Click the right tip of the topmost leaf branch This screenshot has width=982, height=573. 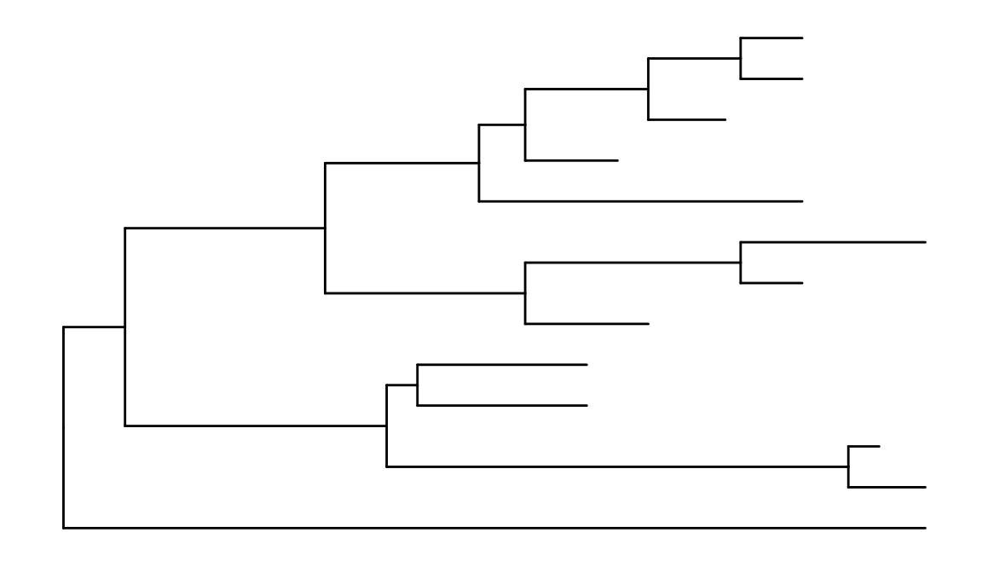[803, 38]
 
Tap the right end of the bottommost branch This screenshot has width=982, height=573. [926, 528]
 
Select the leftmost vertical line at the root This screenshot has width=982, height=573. [64, 426]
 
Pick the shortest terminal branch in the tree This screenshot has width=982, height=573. [864, 446]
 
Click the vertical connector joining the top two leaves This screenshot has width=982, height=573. [741, 58]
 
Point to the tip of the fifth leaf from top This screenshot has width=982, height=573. [803, 201]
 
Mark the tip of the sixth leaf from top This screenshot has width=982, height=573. [926, 242]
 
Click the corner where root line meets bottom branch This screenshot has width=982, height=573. [64, 528]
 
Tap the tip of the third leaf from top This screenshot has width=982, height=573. [725, 119]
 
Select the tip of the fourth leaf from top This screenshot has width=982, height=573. [617, 160]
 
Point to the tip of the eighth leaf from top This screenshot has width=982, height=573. [649, 324]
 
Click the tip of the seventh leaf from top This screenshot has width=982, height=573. [803, 282]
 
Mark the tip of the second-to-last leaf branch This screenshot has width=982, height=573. [926, 487]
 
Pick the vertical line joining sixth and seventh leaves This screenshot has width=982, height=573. [741, 262]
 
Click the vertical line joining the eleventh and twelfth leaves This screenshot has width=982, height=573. [848, 466]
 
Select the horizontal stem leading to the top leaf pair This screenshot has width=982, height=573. [694, 58]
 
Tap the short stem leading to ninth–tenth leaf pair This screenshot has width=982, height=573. [401, 385]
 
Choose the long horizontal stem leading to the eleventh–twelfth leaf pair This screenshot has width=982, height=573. [617, 466]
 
